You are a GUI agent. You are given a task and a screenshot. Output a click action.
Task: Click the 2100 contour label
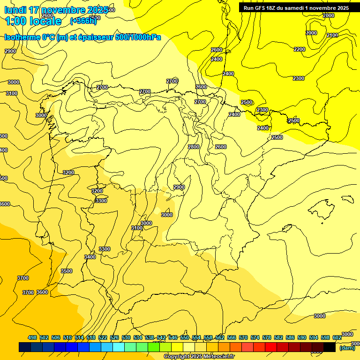[x=332, y=35]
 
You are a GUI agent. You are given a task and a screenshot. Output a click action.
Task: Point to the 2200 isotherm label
[x=300, y=49]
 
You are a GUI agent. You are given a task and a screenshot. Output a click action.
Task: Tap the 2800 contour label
[x=194, y=147]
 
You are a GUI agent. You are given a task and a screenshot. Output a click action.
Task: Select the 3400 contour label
[x=90, y=257]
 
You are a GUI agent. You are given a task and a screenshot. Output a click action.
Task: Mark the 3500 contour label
[x=67, y=271]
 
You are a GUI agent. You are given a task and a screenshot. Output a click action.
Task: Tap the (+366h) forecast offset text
[x=83, y=21]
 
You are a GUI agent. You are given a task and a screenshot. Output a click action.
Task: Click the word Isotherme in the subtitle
[x=22, y=37]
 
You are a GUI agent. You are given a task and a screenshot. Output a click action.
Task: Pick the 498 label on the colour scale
[x=32, y=337]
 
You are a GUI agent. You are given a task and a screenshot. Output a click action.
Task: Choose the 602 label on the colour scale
[x=337, y=337]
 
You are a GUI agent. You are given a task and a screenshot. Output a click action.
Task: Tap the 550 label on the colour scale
[x=185, y=337]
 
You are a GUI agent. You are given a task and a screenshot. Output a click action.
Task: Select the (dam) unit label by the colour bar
[x=347, y=348]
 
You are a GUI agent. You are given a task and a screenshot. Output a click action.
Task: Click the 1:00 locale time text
[x=33, y=21]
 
